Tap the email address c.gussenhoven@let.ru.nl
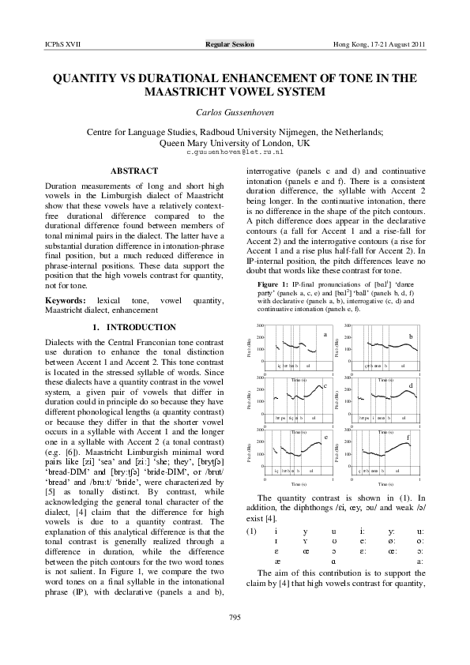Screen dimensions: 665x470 click(x=235, y=151)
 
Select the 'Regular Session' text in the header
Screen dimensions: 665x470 click(x=230, y=45)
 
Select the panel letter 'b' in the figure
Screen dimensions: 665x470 click(x=410, y=336)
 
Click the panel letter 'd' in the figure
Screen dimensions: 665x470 click(x=410, y=385)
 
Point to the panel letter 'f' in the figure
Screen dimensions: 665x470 click(x=408, y=437)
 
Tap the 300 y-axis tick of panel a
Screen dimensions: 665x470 click(x=260, y=326)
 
